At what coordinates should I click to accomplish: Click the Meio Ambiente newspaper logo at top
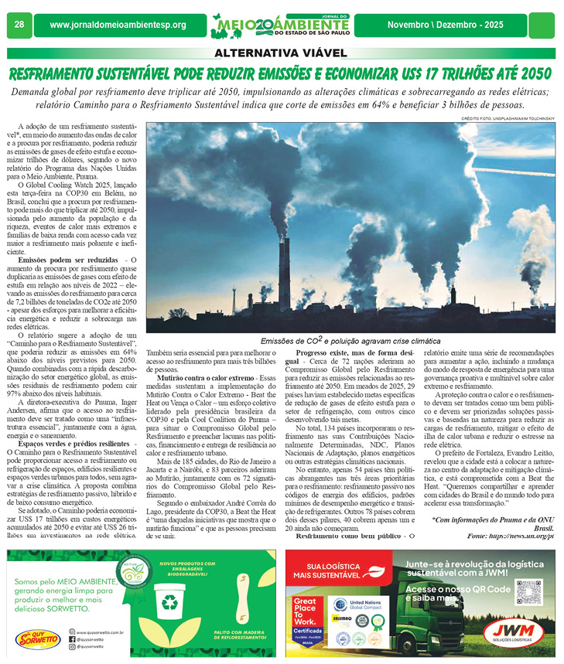click(x=282, y=25)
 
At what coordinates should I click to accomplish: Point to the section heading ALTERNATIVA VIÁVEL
click(x=281, y=53)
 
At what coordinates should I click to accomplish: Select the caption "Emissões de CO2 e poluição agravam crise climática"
click(x=350, y=341)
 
